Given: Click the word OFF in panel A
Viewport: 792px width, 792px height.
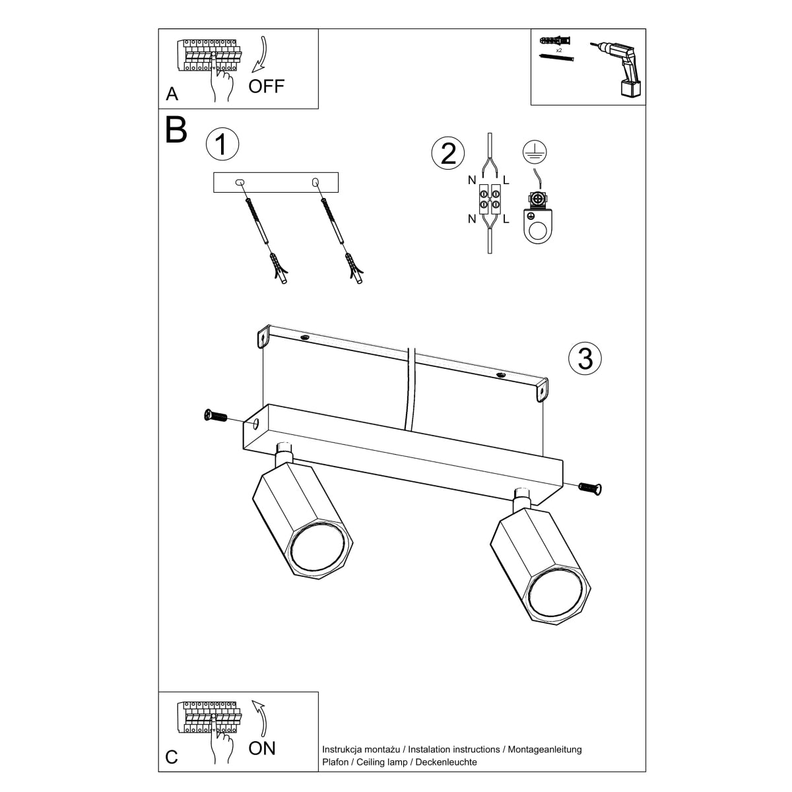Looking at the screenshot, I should (x=267, y=86).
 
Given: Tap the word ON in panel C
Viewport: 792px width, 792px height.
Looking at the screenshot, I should (x=262, y=748).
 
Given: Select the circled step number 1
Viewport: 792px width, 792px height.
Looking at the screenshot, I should (x=222, y=145).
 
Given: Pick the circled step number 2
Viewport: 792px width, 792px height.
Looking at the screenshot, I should (x=448, y=153).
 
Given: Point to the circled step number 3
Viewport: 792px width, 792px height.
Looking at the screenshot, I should (x=585, y=358).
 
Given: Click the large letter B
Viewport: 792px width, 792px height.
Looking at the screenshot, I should (x=176, y=130).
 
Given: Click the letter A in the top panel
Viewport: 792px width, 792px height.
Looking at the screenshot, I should (x=172, y=94).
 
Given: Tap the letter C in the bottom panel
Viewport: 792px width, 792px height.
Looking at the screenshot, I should (x=172, y=757).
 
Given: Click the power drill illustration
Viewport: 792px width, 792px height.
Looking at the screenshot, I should (x=620, y=67).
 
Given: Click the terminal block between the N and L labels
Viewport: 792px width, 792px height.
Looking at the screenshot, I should (x=488, y=200).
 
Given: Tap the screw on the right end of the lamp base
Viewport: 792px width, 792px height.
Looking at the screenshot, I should (x=591, y=488).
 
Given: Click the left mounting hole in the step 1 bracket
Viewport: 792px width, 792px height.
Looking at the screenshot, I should (x=240, y=181).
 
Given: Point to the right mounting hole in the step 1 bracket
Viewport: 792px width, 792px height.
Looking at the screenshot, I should (x=315, y=181).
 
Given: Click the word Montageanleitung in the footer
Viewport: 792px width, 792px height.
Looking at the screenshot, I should (x=544, y=749).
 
